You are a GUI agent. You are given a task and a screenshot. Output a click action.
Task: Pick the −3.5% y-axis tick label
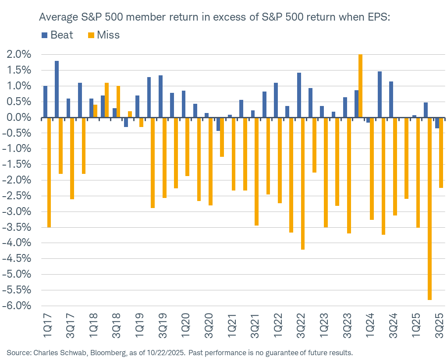click(x=17, y=228)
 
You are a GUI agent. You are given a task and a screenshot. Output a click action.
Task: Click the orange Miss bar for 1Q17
click(x=50, y=173)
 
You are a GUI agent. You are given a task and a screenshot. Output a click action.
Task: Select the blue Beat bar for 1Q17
click(x=45, y=102)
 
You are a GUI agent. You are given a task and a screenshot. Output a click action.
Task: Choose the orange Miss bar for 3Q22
click(x=303, y=184)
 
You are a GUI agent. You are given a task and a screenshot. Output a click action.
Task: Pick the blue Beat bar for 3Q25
click(x=437, y=123)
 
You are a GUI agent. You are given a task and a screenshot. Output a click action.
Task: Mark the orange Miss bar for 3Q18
click(x=118, y=102)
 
